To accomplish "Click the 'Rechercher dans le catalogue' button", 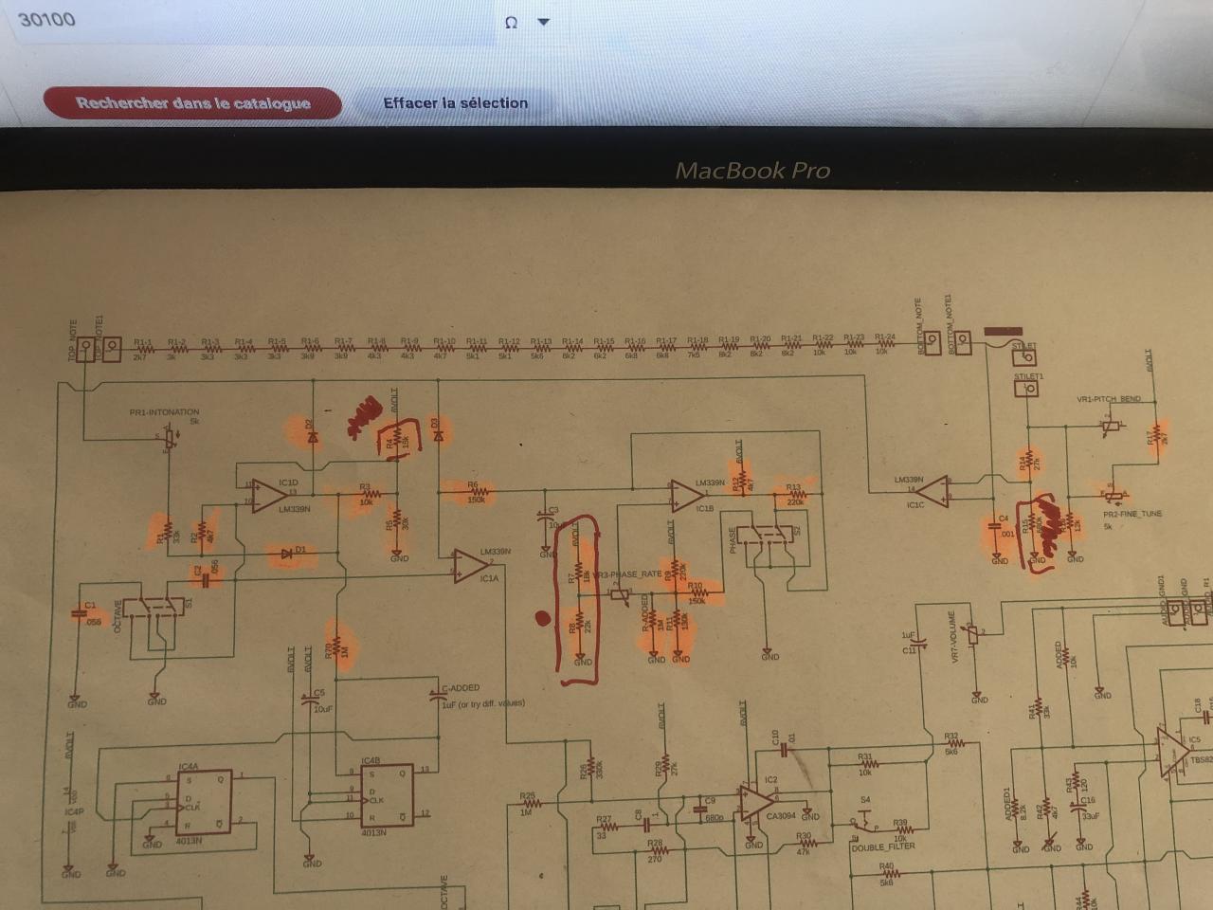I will pyautogui.click(x=192, y=103).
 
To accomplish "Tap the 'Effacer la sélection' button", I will pyautogui.click(x=455, y=103).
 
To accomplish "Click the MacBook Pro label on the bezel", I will pyautogui.click(x=751, y=172).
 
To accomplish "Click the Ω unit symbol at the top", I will pyautogui.click(x=511, y=23).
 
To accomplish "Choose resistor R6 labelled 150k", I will pyautogui.click(x=477, y=491).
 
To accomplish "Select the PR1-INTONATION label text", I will pyautogui.click(x=164, y=412).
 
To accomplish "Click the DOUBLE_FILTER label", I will pyautogui.click(x=883, y=846).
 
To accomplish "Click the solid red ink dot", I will pyautogui.click(x=542, y=619).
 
